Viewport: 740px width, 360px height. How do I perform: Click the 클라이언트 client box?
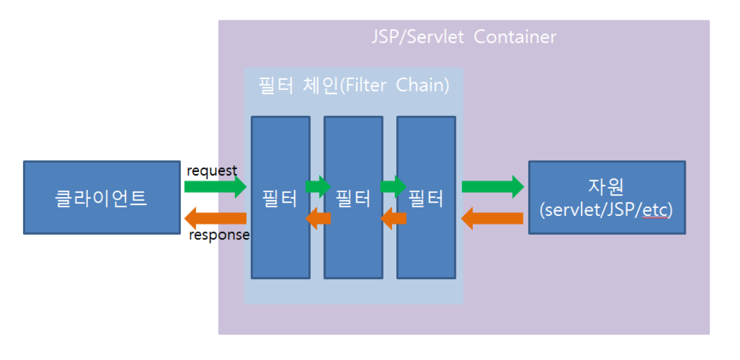pyautogui.click(x=101, y=197)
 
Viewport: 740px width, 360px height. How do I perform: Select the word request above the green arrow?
pyautogui.click(x=212, y=171)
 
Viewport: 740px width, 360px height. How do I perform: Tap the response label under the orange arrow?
pyautogui.click(x=219, y=235)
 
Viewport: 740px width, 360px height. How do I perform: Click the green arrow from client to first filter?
pyautogui.click(x=215, y=186)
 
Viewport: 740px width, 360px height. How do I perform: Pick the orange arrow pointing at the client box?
pyautogui.click(x=215, y=218)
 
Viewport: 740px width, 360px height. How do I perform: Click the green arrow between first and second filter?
pyautogui.click(x=318, y=185)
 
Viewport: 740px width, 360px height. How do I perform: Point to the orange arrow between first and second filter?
pyautogui.click(x=318, y=218)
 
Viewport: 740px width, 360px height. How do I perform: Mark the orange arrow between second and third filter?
pyautogui.click(x=393, y=218)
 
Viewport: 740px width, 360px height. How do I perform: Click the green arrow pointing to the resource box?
pyautogui.click(x=492, y=186)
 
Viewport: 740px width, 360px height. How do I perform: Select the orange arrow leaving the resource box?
pyautogui.click(x=492, y=218)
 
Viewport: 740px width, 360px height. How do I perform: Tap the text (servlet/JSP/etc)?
pyautogui.click(x=606, y=210)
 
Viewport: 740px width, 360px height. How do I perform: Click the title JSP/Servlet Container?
pyautogui.click(x=463, y=37)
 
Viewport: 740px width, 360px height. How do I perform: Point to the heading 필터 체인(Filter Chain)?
pyautogui.click(x=353, y=85)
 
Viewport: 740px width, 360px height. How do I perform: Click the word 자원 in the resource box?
pyautogui.click(x=606, y=186)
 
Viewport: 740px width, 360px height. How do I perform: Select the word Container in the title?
pyautogui.click(x=515, y=37)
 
